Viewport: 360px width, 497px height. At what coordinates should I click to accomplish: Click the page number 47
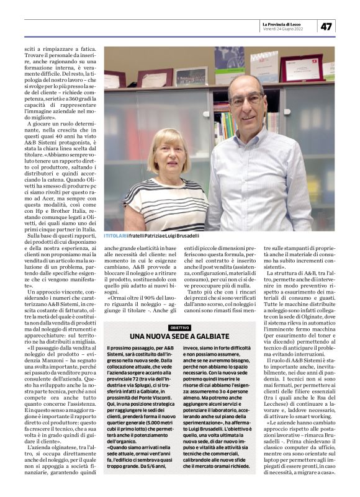click(x=328, y=26)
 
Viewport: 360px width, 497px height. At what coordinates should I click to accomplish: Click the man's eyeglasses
click(x=245, y=100)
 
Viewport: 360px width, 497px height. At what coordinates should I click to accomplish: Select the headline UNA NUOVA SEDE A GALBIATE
click(x=179, y=336)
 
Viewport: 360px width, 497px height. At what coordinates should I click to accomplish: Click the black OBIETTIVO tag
click(x=179, y=327)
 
